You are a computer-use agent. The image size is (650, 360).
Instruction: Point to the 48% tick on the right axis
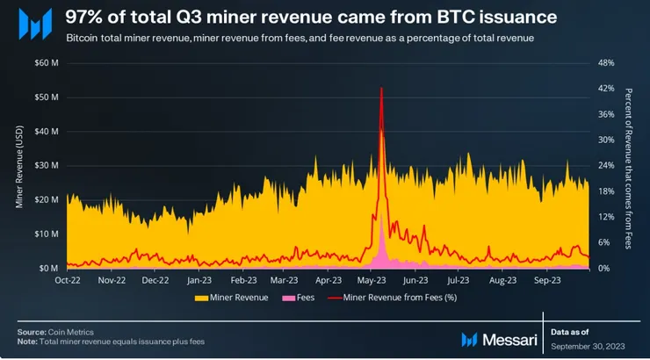click(x=605, y=63)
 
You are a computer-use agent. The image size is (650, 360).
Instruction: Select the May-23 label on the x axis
click(x=372, y=281)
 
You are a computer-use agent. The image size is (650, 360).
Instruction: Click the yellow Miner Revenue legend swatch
click(x=201, y=298)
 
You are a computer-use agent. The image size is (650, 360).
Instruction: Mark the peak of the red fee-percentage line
click(x=381, y=88)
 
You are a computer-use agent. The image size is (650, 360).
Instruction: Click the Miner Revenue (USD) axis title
click(x=20, y=166)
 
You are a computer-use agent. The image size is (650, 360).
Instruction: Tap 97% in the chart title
click(x=84, y=16)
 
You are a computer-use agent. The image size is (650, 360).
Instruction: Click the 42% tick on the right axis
click(x=605, y=89)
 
